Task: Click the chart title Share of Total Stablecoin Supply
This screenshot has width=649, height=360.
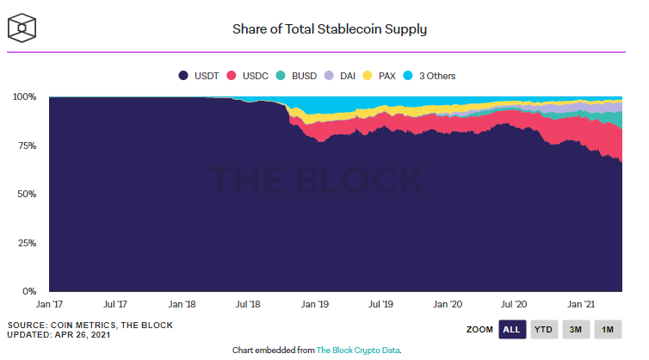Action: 330,29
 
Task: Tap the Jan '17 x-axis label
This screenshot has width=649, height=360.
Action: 49,305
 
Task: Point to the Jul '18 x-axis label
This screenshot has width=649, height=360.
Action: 248,305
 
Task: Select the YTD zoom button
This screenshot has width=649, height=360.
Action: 544,329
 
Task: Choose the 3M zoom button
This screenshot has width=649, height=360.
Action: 576,329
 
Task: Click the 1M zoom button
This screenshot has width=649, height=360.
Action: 608,329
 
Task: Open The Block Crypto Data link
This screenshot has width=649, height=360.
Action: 358,351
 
